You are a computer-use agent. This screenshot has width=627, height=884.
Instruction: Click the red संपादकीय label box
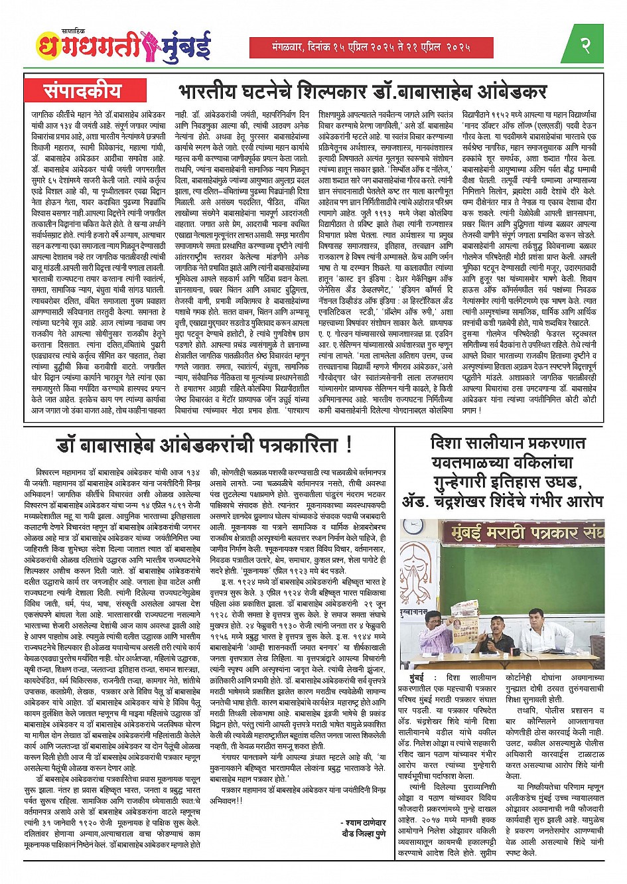(x=83, y=90)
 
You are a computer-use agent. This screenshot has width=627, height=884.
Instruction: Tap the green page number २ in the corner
(x=585, y=46)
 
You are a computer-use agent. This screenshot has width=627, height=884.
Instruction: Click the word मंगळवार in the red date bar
(x=279, y=46)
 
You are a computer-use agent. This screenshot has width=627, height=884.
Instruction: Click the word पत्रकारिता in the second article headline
(x=290, y=445)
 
